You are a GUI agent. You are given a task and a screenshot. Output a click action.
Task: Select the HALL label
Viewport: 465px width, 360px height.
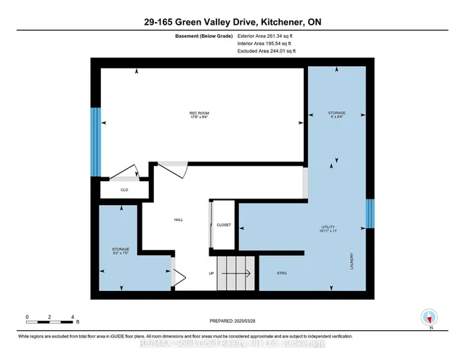(178, 220)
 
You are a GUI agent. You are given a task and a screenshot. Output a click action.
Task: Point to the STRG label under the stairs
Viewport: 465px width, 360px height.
(283, 273)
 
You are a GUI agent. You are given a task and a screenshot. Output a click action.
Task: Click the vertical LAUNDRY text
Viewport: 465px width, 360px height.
(352, 262)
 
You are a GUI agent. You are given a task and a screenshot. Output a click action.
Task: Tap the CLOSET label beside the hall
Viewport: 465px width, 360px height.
(224, 225)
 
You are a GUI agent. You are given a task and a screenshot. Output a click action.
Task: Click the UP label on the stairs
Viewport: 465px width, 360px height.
(211, 273)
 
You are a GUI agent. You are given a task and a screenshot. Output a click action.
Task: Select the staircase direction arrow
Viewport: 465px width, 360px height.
(236, 273)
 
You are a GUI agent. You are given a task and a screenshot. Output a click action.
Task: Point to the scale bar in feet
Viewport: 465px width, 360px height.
(50, 319)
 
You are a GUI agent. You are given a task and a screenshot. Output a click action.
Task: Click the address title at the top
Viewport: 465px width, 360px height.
(232, 23)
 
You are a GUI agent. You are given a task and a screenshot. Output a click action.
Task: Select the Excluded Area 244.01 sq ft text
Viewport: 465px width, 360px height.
(267, 51)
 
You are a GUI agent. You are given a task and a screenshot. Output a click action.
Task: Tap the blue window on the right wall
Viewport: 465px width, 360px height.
(370, 213)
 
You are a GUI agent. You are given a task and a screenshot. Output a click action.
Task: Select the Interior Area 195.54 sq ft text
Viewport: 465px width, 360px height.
(267, 44)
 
